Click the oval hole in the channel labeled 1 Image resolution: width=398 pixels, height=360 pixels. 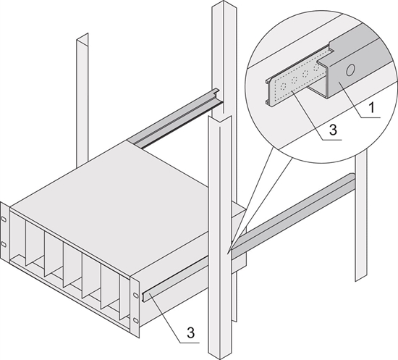(350, 71)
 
